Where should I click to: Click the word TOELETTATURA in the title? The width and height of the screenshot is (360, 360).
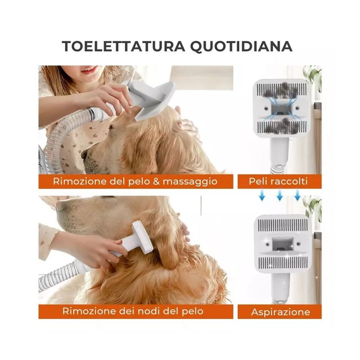coord(123,46)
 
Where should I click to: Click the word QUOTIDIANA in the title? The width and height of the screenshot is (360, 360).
coord(241,47)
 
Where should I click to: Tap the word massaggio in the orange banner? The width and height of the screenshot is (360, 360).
coord(190,182)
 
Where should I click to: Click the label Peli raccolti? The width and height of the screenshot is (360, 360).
coord(278,181)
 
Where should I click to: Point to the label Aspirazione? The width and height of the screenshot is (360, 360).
coord(280,312)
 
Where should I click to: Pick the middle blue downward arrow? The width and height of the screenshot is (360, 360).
coord(279,195)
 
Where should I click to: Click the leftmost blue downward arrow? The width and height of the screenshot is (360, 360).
coord(262,195)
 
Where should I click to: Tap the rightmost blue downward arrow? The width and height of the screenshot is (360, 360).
coord(297,195)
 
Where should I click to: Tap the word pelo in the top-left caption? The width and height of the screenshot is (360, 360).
coord(139,182)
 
